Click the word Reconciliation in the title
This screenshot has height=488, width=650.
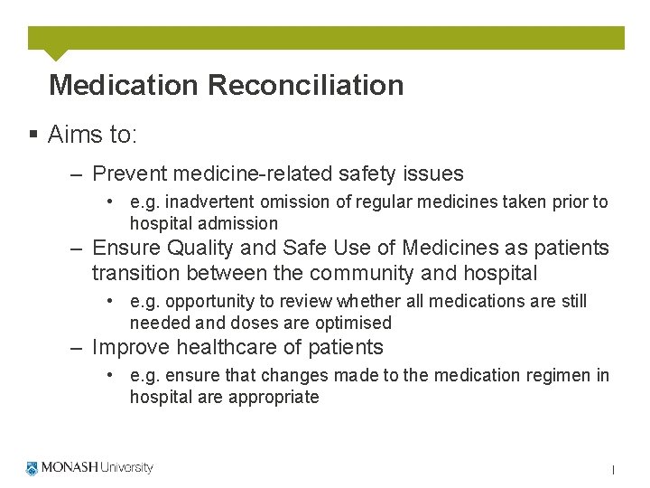[x=305, y=85]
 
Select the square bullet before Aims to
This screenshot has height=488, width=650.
[x=32, y=136]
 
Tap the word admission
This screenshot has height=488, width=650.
[x=243, y=223]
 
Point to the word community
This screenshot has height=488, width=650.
[x=360, y=273]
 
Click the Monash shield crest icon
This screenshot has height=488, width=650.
[x=32, y=468]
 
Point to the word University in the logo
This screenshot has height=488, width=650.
[x=126, y=468]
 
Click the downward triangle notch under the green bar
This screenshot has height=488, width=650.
[x=55, y=54]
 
